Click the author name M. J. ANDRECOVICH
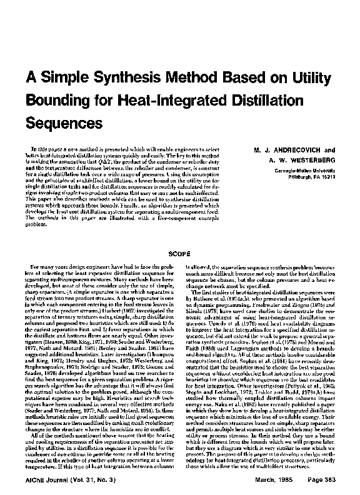pyautogui.click(x=279, y=150)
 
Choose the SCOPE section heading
pyautogui.click(x=179, y=254)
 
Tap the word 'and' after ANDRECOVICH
pyautogui.click(x=329, y=150)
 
